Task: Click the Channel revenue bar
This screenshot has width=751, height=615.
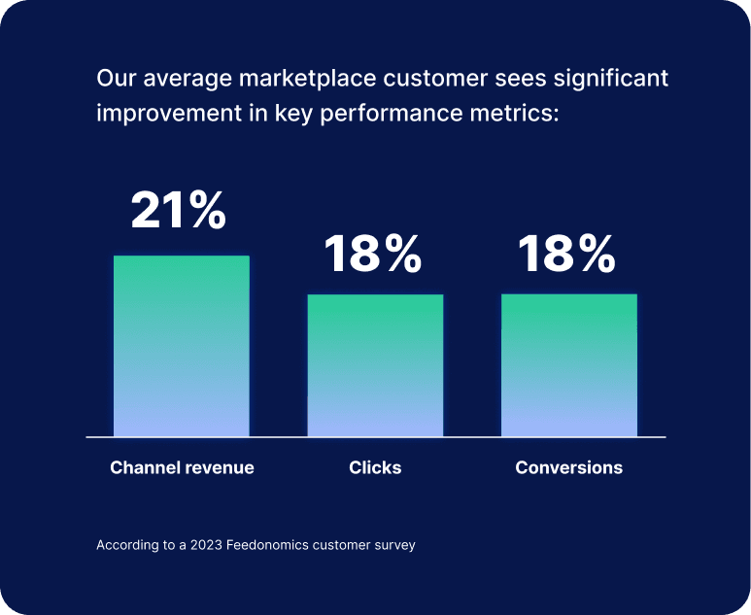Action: pos(182,346)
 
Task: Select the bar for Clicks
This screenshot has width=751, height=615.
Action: pos(375,365)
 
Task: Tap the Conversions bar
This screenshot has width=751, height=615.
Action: pos(569,365)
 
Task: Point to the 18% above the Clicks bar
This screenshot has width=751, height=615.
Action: pos(373,254)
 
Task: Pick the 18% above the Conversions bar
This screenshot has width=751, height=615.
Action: pos(566,254)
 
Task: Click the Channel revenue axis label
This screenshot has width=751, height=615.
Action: pos(182,467)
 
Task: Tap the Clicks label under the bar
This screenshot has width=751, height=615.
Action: pos(375,467)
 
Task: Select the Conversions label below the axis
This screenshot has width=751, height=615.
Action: pos(569,467)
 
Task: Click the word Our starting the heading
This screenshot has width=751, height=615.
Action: pos(113,78)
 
